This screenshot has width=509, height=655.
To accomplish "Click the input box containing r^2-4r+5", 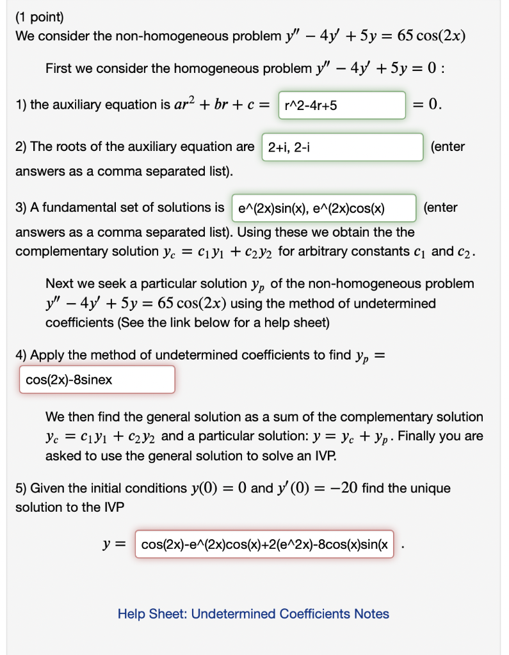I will pyautogui.click(x=342, y=105).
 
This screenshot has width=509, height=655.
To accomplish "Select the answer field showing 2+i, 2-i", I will pyautogui.click(x=343, y=147).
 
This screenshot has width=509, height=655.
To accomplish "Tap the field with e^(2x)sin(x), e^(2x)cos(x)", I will pyautogui.click(x=323, y=208).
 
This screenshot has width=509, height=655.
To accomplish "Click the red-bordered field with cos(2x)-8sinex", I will pyautogui.click(x=97, y=380).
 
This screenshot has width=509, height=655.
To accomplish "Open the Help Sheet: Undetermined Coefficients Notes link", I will pyautogui.click(x=253, y=614).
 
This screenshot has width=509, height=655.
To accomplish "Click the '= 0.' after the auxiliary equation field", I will pyautogui.click(x=427, y=104).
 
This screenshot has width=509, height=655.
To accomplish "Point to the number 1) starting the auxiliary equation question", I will pyautogui.click(x=21, y=105).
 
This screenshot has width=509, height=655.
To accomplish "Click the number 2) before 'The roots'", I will pyautogui.click(x=21, y=147).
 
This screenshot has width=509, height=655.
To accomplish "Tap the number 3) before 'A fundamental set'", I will pyautogui.click(x=21, y=208).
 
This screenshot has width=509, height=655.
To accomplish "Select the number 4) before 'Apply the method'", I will pyautogui.click(x=21, y=355).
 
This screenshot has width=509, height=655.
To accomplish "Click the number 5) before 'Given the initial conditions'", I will pyautogui.click(x=21, y=489).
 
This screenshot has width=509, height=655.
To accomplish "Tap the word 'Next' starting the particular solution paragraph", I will pyautogui.click(x=59, y=283).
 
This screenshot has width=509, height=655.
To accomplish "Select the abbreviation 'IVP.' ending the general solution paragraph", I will pyautogui.click(x=323, y=457).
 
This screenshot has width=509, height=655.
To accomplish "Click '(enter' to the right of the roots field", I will pyautogui.click(x=448, y=147).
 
